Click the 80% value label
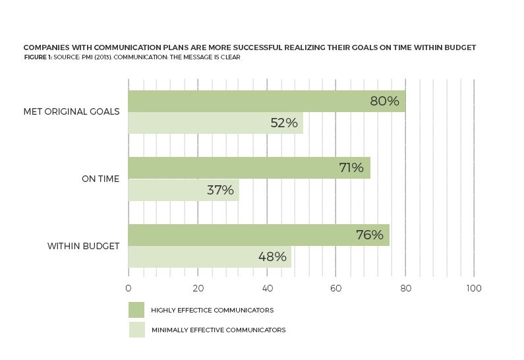pos(384,102)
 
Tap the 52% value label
pos(284,123)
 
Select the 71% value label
pos(351,167)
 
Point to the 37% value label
pos(220,190)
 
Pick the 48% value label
pos(272,256)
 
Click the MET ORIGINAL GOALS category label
pos(71,111)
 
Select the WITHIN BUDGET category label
pos(83,246)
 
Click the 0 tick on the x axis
pos(128,288)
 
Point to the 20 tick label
pos(197,288)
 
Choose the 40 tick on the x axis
pos(267,288)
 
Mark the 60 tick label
pos(335,288)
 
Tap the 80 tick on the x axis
pos(405,288)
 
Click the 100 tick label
pos(473,288)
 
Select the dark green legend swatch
pos(136,310)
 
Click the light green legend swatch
pos(136,330)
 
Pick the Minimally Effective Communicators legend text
pos(218,330)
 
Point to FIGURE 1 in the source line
pos(37,57)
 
